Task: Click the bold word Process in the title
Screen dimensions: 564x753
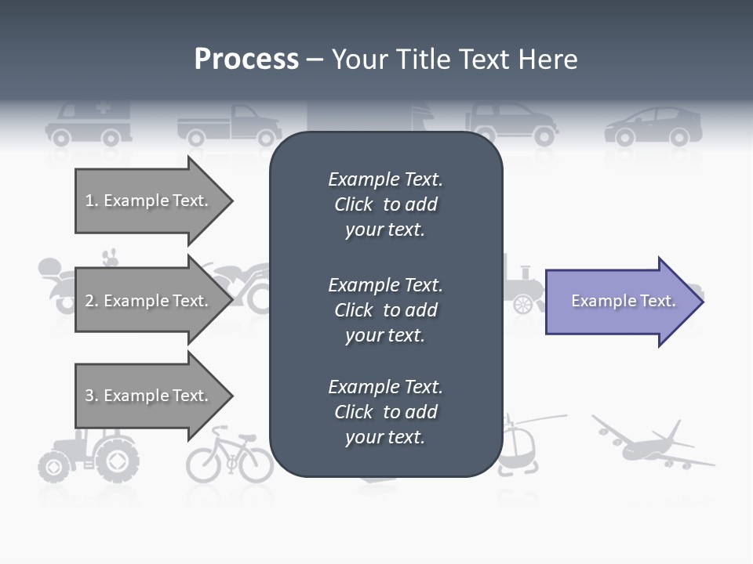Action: click(246, 60)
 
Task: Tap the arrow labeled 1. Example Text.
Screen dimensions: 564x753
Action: click(149, 201)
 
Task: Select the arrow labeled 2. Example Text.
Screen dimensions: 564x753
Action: click(149, 301)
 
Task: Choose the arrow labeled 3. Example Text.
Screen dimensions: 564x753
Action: click(149, 396)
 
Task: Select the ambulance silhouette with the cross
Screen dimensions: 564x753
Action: click(89, 124)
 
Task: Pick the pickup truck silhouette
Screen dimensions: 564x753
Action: click(228, 125)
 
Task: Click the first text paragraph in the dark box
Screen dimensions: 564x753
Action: click(385, 204)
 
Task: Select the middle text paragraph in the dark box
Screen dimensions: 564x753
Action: click(385, 309)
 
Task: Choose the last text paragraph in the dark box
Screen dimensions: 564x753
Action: click(385, 412)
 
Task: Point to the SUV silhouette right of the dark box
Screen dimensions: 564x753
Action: click(514, 124)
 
